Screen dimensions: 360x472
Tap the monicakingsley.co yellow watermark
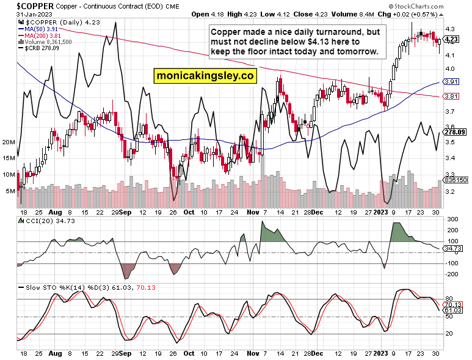pos(203,76)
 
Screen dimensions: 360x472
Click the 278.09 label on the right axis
pos(455,131)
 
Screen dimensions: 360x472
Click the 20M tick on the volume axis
pos(9,142)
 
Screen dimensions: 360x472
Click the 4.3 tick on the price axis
pos(449,29)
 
